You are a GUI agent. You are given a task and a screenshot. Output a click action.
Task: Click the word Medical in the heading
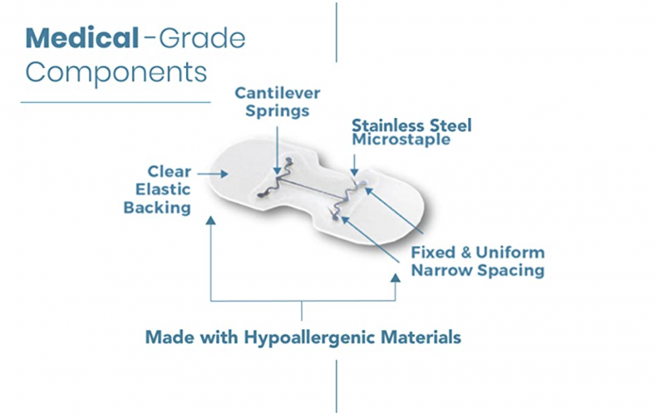[80, 37]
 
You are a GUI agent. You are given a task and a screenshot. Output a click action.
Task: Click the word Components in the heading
[115, 71]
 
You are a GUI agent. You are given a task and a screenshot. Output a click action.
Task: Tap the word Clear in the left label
[169, 172]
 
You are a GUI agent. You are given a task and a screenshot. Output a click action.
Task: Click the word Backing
[156, 208]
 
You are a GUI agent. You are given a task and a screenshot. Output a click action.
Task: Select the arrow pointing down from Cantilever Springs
[275, 145]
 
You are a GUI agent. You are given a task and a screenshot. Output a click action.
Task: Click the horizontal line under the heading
[116, 102]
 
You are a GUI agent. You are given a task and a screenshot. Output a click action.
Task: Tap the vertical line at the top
[336, 32]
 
